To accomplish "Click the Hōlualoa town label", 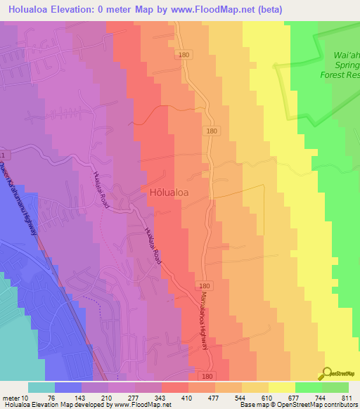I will (168, 191).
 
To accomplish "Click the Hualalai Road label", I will (153, 245).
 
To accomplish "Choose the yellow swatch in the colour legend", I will (281, 387).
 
